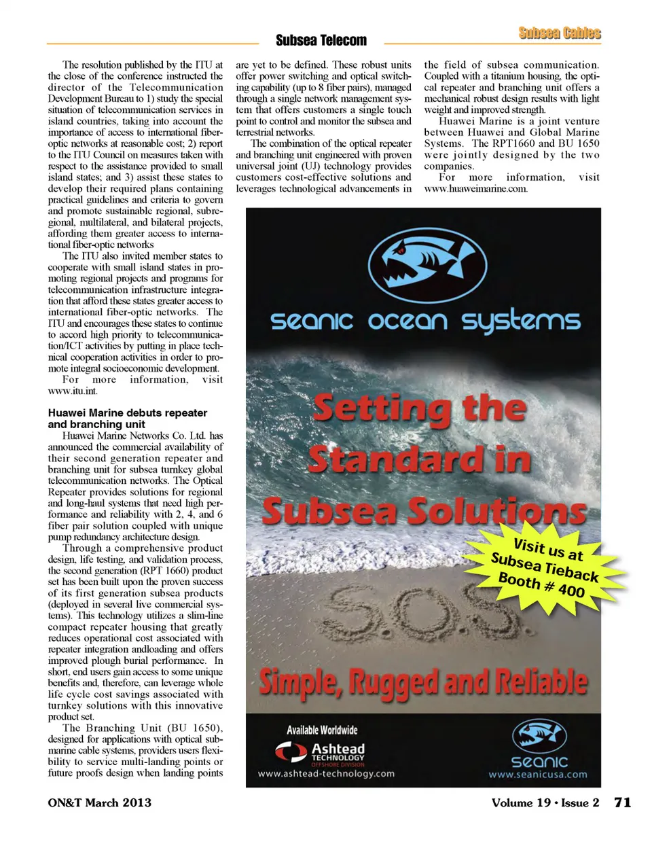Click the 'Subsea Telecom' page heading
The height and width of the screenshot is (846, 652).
tap(321, 41)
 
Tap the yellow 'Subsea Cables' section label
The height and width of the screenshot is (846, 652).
tap(559, 33)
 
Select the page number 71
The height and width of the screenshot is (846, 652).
tap(622, 803)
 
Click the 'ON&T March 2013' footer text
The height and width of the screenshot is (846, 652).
tap(99, 803)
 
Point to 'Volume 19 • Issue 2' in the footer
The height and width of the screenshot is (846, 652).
tap(545, 803)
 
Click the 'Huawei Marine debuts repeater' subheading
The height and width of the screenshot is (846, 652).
tap(127, 413)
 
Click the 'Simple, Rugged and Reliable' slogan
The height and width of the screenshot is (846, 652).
tap(423, 682)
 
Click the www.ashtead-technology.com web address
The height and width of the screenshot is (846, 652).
tap(325, 774)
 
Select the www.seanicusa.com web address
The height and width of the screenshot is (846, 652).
tap(538, 775)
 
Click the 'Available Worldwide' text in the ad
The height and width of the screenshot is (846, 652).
tap(322, 730)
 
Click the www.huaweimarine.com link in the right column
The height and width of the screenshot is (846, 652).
tap(475, 189)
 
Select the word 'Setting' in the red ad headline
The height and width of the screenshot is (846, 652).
tap(382, 409)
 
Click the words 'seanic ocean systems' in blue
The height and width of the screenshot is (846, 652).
tap(425, 321)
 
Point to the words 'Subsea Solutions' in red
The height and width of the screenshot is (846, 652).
tap(424, 511)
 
